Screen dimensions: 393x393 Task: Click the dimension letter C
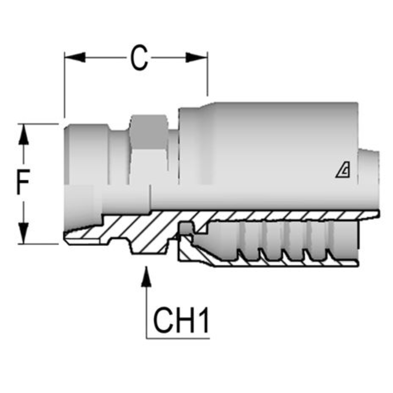click(x=139, y=57)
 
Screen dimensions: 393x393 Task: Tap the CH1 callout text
click(x=181, y=320)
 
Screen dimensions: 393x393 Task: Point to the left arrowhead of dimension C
click(x=75, y=57)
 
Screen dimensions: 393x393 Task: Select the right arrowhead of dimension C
click(x=196, y=57)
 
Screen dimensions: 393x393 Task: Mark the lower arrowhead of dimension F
click(x=23, y=233)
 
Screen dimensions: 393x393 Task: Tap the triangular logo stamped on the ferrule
click(x=343, y=172)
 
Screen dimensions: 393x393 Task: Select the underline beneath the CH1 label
click(x=178, y=338)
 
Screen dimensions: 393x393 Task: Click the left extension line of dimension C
click(x=64, y=85)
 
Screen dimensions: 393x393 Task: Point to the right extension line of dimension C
click(x=207, y=74)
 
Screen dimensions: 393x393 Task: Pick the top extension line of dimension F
click(x=38, y=124)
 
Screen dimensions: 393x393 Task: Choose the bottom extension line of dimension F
click(x=38, y=243)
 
